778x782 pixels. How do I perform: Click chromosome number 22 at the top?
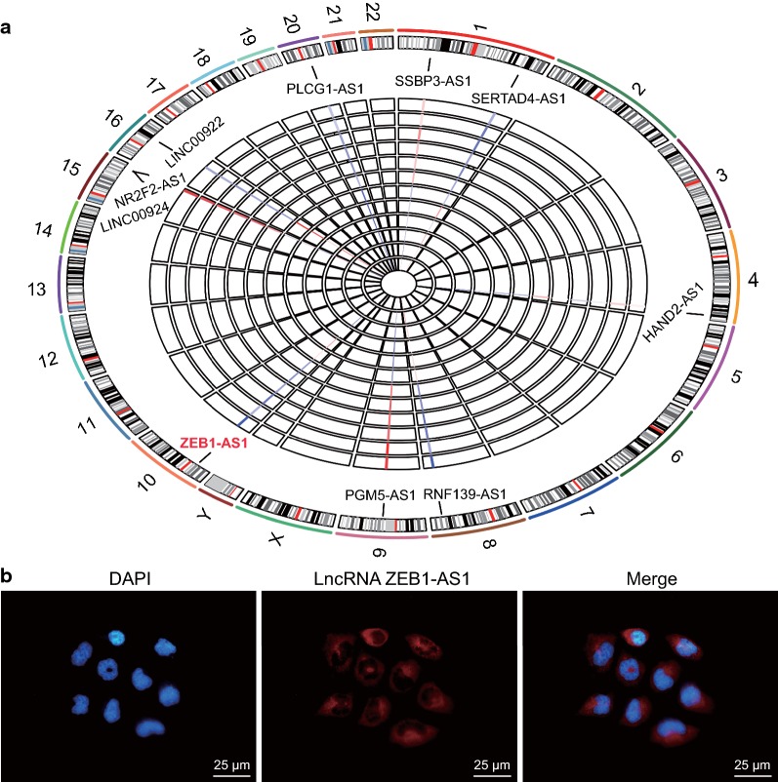[x=372, y=13]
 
